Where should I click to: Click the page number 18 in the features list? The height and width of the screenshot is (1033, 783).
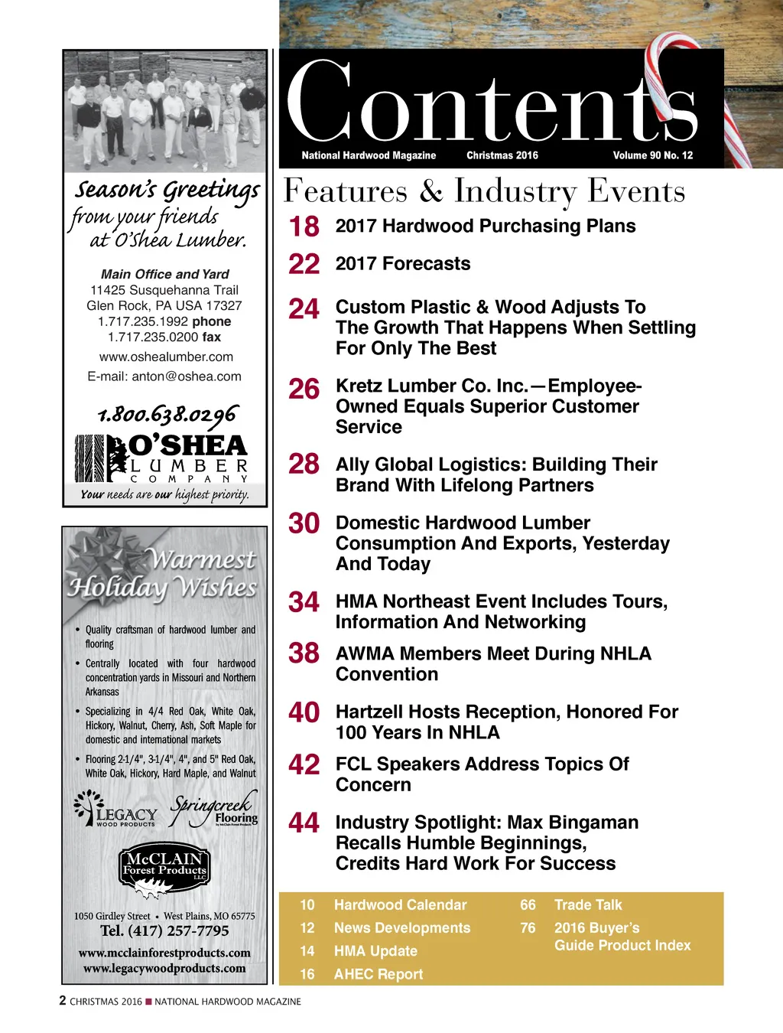point(304,227)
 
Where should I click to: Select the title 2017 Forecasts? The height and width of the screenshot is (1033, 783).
point(403,264)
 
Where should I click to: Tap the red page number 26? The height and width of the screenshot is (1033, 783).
point(304,389)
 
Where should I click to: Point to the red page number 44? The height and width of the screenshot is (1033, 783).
point(304,823)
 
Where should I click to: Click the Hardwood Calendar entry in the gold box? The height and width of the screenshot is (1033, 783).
point(400,905)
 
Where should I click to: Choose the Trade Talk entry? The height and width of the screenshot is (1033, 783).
point(588,905)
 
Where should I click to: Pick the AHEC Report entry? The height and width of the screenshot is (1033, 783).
point(378,975)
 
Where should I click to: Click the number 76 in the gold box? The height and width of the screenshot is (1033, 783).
point(528,928)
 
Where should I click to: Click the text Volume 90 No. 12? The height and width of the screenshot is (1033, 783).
point(652,155)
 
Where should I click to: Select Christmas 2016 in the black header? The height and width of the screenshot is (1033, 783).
point(502,155)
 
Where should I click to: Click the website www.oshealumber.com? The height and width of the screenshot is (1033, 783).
point(166,357)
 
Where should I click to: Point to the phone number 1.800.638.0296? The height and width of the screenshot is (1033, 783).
point(167,415)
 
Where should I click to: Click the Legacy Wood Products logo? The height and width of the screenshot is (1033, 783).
point(116,811)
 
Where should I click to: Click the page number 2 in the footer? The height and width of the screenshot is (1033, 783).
point(63,1001)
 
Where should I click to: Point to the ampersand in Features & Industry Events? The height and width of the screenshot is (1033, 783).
point(430,192)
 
